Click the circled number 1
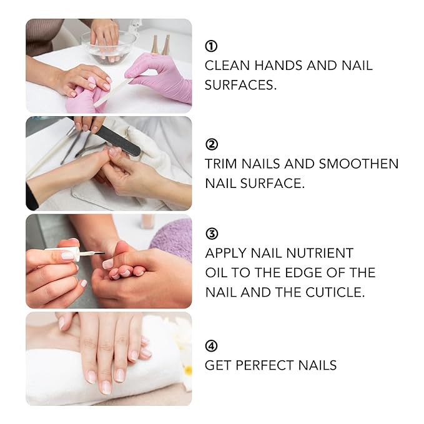coord(211,46)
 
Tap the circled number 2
coord(211,144)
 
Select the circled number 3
coord(211,234)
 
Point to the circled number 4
coord(211,345)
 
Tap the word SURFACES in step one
coord(240,85)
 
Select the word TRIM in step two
coord(220,164)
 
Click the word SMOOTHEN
coord(358,164)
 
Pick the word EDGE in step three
coord(293,273)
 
